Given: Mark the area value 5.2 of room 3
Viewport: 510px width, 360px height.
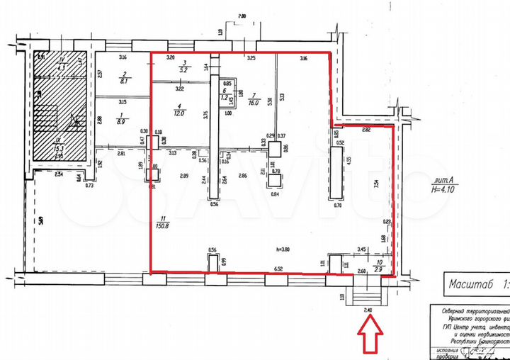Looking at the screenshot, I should tap(183, 71).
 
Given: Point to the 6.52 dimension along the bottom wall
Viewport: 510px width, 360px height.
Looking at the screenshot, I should tap(278, 269).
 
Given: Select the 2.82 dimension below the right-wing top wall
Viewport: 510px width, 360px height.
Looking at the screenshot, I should tap(366, 131).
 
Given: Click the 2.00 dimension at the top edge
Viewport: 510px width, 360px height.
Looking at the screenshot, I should tap(242, 16).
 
